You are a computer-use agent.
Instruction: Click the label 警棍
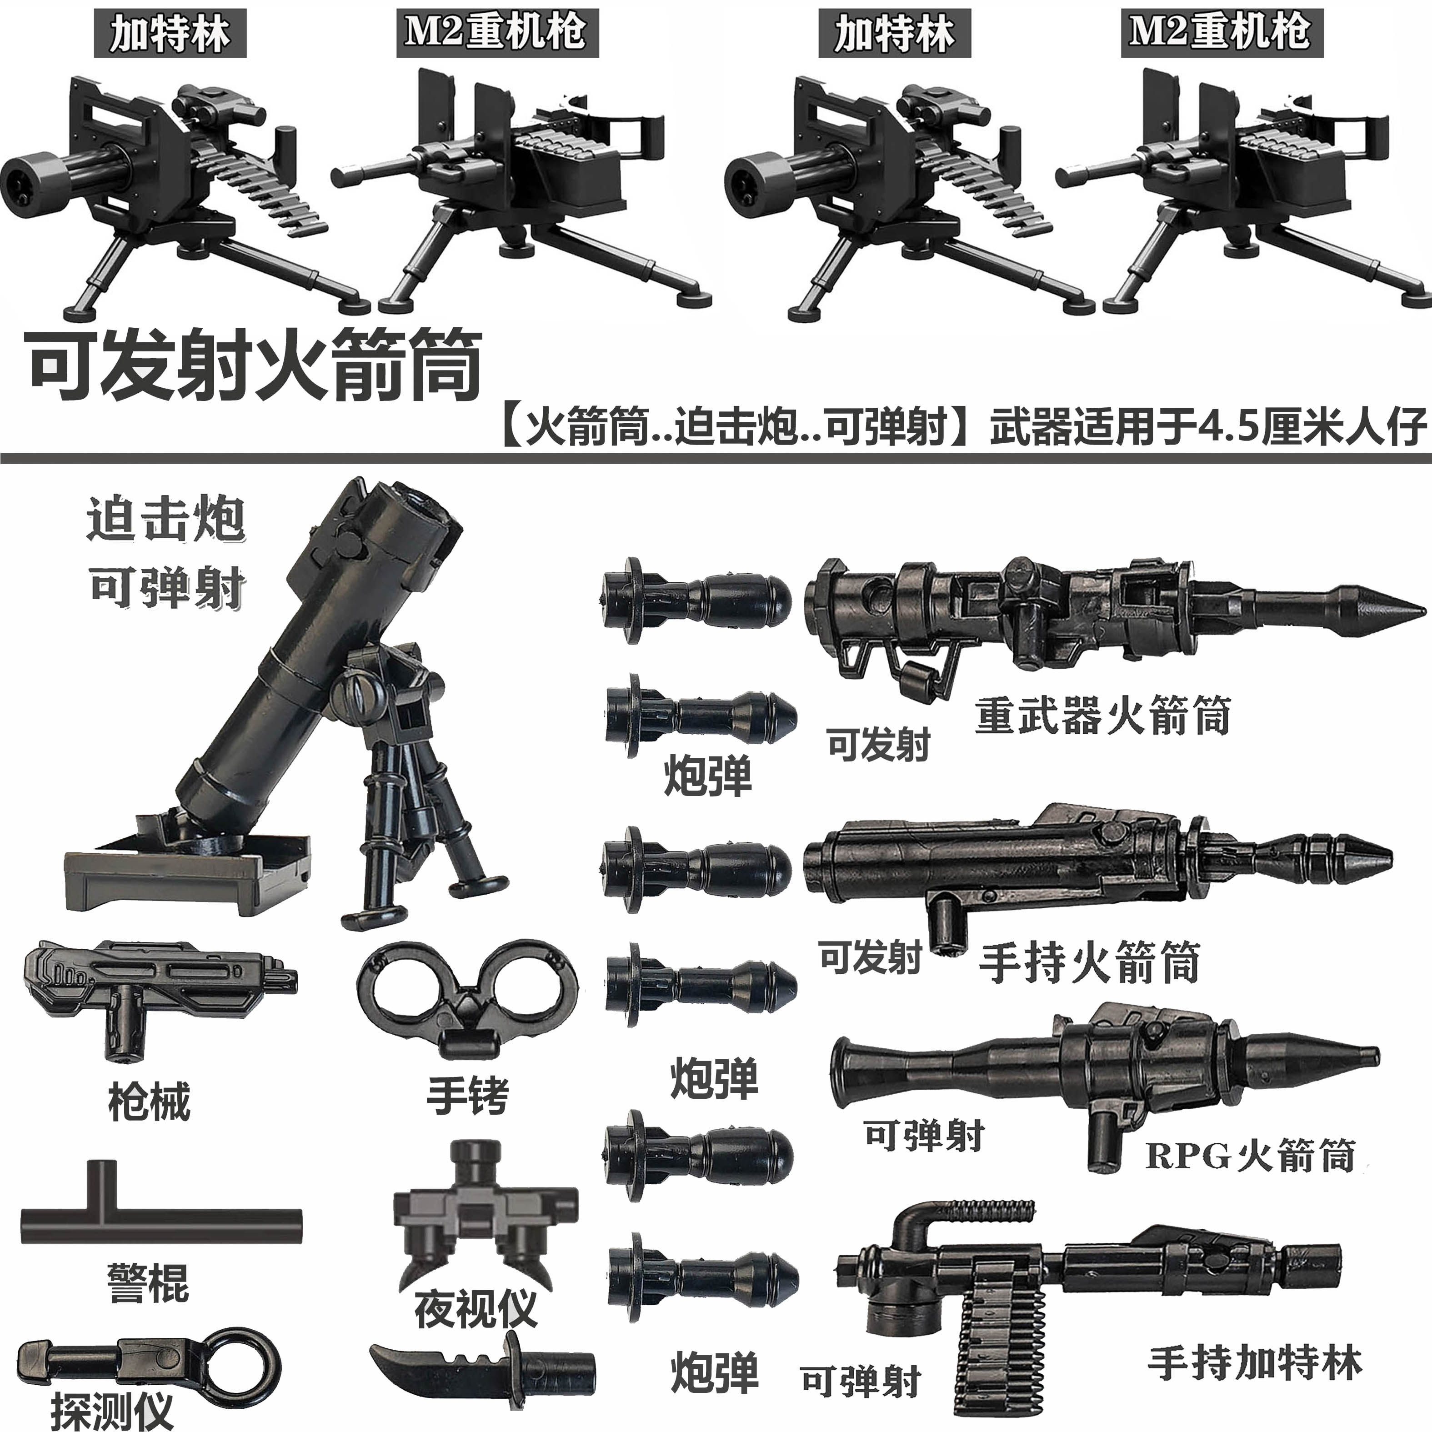(148, 1282)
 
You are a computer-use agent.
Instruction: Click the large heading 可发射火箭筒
(255, 366)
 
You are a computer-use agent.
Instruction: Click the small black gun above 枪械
(155, 978)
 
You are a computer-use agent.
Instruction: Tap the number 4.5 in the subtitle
(1222, 428)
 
